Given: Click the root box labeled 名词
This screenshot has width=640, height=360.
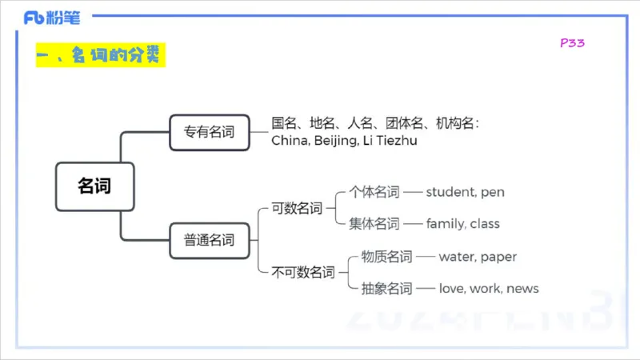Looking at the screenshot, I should click(x=94, y=186).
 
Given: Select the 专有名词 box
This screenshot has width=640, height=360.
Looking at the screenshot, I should click(x=210, y=132).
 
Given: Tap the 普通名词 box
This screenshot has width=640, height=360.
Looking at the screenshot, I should click(x=210, y=239).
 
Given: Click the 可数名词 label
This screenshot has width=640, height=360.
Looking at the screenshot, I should click(x=297, y=208).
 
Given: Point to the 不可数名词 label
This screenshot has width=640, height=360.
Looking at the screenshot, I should click(x=303, y=272).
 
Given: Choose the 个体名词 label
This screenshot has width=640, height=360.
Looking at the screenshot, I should click(x=374, y=192).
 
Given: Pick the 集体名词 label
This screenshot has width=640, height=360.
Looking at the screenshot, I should click(x=374, y=224).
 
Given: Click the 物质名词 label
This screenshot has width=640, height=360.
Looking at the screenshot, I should click(x=386, y=257).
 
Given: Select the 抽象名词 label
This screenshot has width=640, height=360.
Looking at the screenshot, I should click(x=386, y=289).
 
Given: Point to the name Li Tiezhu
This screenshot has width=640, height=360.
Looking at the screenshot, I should click(x=391, y=141).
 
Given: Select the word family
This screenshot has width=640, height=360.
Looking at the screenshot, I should click(x=445, y=224).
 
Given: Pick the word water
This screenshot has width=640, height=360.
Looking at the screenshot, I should click(x=458, y=257).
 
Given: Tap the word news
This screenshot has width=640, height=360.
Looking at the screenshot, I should click(x=523, y=289).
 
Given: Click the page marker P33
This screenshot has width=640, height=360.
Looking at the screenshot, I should click(x=572, y=43).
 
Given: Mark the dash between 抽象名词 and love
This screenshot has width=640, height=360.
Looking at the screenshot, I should click(x=426, y=289).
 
